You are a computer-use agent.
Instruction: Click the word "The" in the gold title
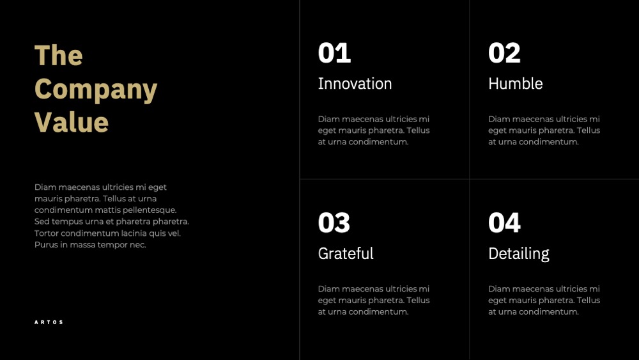pos(59,55)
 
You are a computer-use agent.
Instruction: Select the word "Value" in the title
pos(72,122)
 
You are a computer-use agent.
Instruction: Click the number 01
pos(334,53)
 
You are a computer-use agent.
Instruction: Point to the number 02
pos(505,53)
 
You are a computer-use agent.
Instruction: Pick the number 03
pos(334,223)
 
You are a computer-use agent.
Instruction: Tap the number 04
pos(505,223)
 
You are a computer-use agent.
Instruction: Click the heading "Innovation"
pos(355,84)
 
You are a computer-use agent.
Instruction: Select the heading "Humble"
pos(516,84)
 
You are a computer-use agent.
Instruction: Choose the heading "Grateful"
pos(346,253)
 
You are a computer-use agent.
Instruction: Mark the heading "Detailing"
pos(519,254)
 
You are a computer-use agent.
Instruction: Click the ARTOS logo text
pos(49,322)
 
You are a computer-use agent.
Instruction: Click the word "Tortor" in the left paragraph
pos(47,233)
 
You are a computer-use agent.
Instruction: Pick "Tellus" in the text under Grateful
pos(418,300)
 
